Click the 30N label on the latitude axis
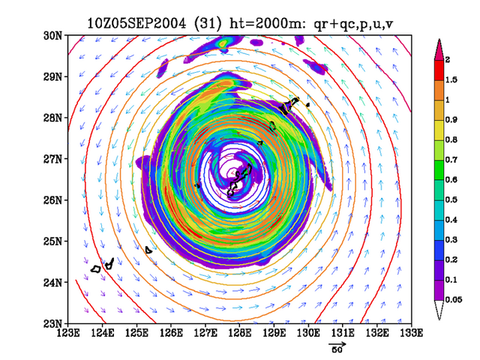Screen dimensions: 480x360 [52, 36]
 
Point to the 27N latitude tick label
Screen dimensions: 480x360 [52, 159]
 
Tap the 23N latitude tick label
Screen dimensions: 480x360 [52, 323]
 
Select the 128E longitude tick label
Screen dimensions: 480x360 [240, 333]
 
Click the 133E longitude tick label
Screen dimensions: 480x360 [412, 333]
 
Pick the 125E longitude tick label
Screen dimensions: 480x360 [136, 333]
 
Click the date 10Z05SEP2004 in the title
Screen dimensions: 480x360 [136, 23]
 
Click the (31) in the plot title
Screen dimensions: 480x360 [208, 23]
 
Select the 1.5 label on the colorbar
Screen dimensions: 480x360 [451, 80]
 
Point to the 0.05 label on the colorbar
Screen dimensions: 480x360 [453, 300]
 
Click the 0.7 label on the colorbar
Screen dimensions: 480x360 [451, 160]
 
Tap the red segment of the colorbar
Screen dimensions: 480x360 [439, 70]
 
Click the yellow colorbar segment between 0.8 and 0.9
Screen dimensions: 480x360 [439, 130]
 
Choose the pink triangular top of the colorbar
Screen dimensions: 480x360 [439, 49]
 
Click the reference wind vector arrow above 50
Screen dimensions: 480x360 [337, 344]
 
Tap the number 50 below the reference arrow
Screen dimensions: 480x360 [337, 349]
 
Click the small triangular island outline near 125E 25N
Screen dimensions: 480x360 [148, 250]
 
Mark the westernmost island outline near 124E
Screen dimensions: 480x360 [96, 269]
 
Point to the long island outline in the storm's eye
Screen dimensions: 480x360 [239, 181]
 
